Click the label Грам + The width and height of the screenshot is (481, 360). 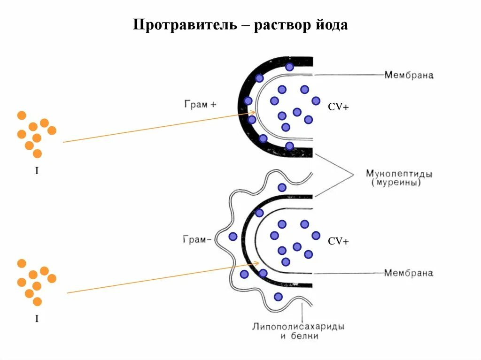(200, 104)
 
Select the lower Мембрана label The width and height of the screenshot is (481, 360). (408, 273)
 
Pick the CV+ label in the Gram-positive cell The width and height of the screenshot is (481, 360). (338, 107)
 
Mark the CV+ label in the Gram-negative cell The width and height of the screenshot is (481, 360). (338, 241)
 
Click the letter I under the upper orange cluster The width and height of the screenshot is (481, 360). (37, 171)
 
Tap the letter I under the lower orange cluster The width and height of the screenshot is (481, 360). (37, 319)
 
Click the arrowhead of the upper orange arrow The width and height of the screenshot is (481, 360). (254, 112)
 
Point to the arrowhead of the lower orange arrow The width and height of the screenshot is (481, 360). (256, 263)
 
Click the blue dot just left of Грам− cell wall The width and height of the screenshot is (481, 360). (233, 237)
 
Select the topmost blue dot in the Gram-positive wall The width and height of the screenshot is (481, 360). (289, 67)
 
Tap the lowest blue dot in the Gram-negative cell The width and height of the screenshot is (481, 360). (278, 297)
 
